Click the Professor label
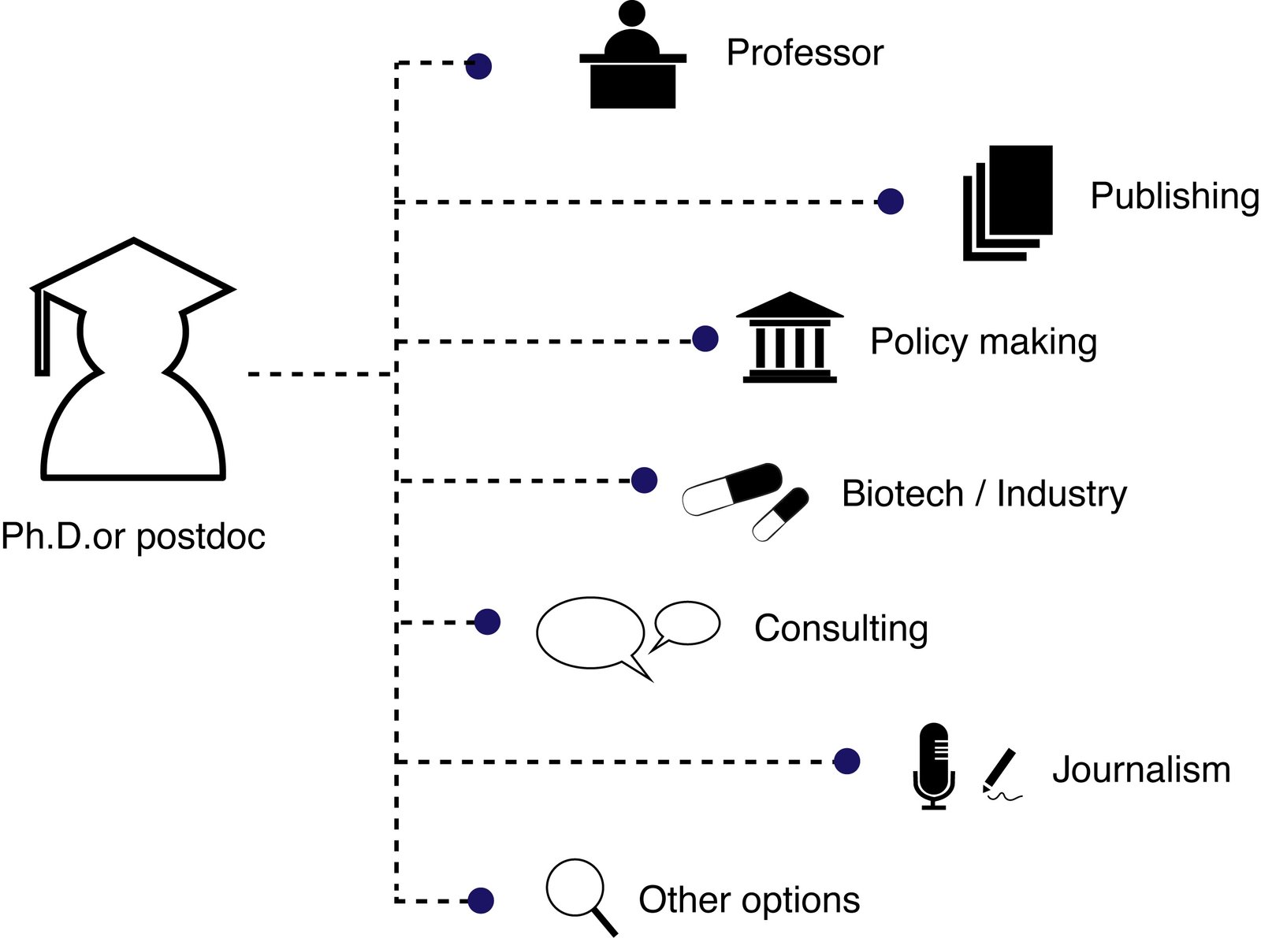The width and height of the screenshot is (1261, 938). (805, 53)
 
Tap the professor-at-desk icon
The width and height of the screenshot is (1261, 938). (633, 59)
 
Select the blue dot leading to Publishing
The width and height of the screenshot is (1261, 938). (891, 202)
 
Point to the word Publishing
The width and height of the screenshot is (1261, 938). (1174, 195)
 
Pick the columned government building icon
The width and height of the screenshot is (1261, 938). (790, 339)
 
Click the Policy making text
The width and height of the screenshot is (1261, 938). (983, 342)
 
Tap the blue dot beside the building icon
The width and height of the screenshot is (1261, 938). (705, 339)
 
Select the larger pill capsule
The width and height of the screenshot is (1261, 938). (732, 488)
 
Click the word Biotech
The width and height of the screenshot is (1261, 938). (902, 494)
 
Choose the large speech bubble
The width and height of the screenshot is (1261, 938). (591, 633)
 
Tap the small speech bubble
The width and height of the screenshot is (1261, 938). (688, 624)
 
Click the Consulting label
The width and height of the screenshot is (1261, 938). (841, 628)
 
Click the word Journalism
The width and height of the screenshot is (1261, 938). (1140, 769)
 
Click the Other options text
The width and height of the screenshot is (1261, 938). (749, 899)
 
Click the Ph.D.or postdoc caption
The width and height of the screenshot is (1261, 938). (133, 536)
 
